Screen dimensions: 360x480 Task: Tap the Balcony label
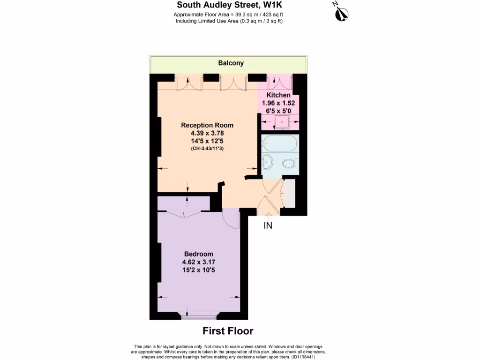tap(231, 63)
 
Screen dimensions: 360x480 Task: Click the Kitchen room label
tap(278, 95)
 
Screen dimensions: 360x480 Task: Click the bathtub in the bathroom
tap(280, 142)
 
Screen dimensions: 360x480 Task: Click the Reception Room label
tap(207, 125)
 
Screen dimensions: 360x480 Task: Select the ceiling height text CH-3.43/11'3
tap(207, 149)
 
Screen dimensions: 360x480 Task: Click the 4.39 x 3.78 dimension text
tap(207, 133)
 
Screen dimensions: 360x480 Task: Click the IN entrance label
tap(268, 225)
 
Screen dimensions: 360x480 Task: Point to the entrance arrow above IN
tap(268, 216)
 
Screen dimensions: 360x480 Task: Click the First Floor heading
tap(228, 331)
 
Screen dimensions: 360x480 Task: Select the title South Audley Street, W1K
tap(229, 6)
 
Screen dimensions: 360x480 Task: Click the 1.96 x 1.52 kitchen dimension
tap(278, 103)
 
